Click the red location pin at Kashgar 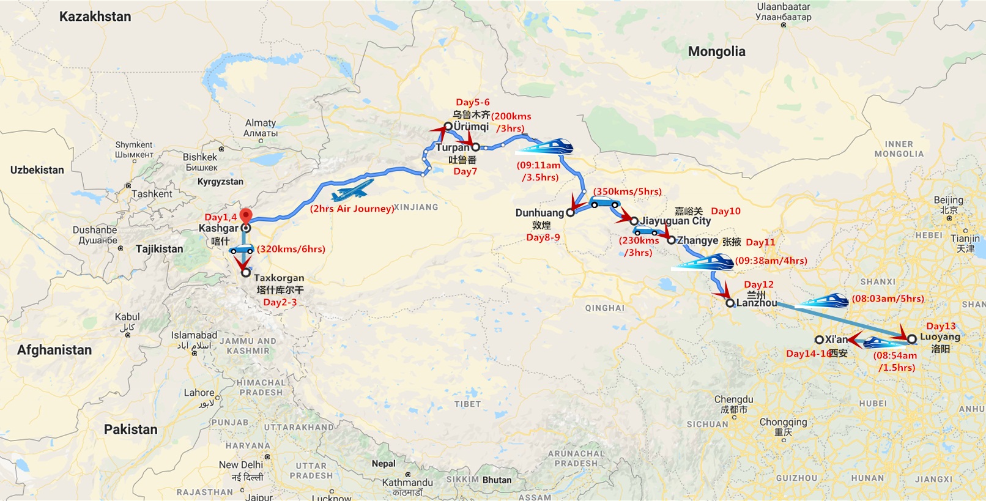[x=245, y=215]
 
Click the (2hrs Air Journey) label [x=352, y=209]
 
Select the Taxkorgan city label [x=279, y=278]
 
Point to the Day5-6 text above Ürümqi [x=472, y=102]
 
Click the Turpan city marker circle [x=475, y=147]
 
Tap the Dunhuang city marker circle [x=570, y=213]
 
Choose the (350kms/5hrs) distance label [x=627, y=191]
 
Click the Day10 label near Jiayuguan [x=725, y=211]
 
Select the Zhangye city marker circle [x=671, y=240]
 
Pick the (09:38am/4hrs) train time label [x=771, y=261]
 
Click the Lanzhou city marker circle [x=730, y=303]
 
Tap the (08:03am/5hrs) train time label [x=888, y=299]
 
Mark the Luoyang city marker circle [x=911, y=338]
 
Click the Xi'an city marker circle [x=819, y=340]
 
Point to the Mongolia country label [x=716, y=51]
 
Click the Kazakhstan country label [x=95, y=17]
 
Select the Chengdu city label [x=733, y=399]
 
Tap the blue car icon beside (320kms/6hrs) [x=241, y=250]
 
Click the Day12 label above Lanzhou [x=758, y=284]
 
